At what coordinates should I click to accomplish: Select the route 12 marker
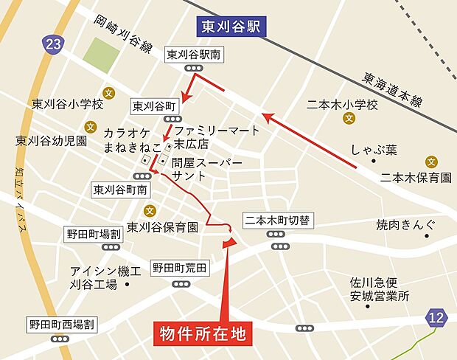(436, 318)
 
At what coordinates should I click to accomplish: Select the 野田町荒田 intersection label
(180, 266)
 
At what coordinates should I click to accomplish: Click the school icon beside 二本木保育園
(431, 162)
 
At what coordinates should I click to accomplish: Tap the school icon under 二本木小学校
(349, 119)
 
